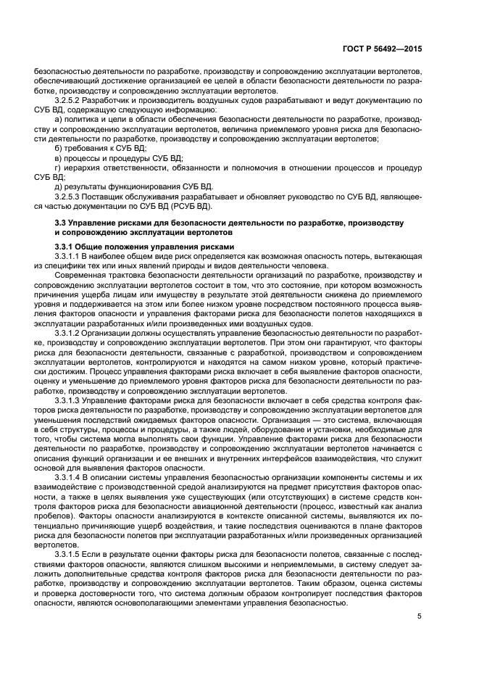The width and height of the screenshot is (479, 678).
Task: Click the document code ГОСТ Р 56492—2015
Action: click(x=383, y=49)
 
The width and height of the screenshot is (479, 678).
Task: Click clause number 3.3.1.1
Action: click(x=66, y=257)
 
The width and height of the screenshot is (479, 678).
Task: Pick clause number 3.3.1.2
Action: click(x=66, y=332)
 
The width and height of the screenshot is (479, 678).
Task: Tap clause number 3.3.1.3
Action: click(x=66, y=399)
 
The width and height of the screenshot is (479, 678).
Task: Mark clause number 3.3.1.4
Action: click(x=66, y=475)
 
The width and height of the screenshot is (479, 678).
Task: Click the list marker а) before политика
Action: click(x=59, y=118)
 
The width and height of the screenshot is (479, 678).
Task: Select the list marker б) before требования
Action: click(x=59, y=147)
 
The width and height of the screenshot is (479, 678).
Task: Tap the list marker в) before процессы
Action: click(x=59, y=157)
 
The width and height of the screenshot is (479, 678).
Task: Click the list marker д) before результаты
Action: click(x=59, y=186)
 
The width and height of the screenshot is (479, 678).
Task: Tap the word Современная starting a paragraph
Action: click(x=80, y=276)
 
